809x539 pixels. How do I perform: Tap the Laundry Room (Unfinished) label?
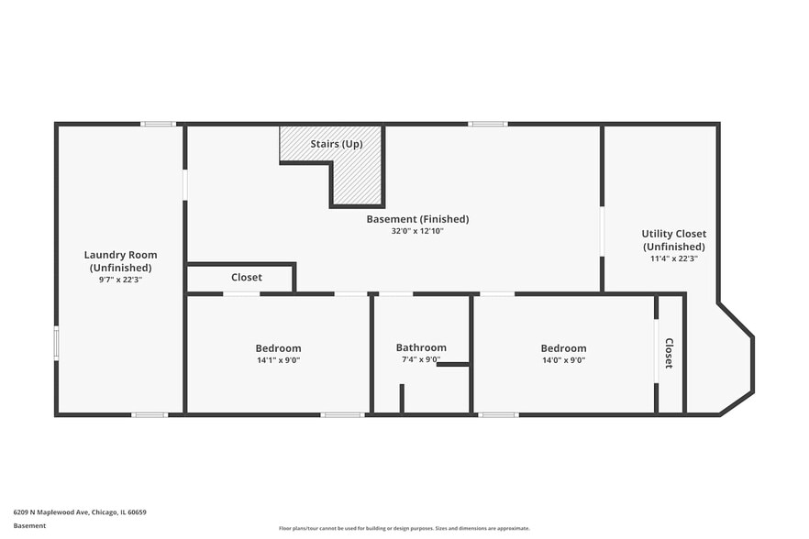click(x=120, y=261)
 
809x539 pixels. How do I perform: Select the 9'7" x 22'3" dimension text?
click(x=120, y=280)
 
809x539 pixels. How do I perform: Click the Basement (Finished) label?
click(x=417, y=219)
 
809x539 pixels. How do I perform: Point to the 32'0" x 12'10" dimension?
click(x=417, y=231)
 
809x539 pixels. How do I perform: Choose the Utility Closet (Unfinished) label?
click(x=673, y=240)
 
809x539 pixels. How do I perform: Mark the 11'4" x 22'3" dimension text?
click(x=673, y=258)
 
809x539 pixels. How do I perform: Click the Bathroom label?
click(x=421, y=347)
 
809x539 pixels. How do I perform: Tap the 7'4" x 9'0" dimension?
click(x=421, y=360)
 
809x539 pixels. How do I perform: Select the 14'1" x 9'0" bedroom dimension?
click(x=278, y=360)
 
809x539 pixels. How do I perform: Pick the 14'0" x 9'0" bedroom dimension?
click(x=563, y=360)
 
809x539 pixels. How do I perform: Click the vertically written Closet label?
click(x=669, y=353)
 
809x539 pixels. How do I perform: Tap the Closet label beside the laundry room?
click(x=246, y=277)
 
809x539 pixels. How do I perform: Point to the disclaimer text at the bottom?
click(x=404, y=528)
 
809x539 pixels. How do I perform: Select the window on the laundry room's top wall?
click(x=158, y=124)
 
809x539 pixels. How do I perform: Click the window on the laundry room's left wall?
click(x=56, y=343)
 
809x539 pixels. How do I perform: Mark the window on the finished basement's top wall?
click(x=487, y=124)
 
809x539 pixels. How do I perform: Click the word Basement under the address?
click(x=29, y=526)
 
